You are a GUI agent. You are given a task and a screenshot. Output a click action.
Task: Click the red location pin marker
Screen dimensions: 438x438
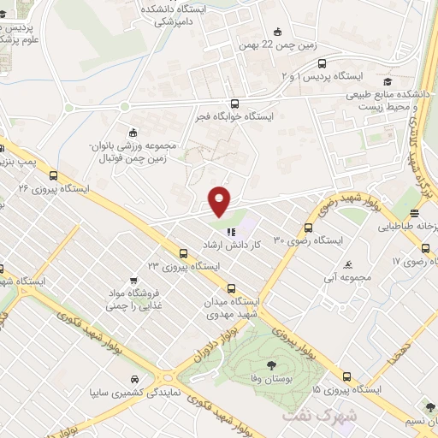pyautogui.click(x=220, y=201)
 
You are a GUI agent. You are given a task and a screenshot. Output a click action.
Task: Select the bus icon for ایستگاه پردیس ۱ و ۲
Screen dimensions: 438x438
pyautogui.click(x=322, y=63)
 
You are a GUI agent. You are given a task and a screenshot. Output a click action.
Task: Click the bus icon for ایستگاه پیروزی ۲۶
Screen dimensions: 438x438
pyautogui.click(x=54, y=175)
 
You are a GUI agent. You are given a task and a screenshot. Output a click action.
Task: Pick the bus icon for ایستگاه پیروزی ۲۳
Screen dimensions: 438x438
pyautogui.click(x=183, y=253)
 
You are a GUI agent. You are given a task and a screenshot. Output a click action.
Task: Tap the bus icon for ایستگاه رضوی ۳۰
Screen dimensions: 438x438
pyautogui.click(x=309, y=228)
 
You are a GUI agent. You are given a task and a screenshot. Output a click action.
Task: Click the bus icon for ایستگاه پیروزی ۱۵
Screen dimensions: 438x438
pyautogui.click(x=346, y=376)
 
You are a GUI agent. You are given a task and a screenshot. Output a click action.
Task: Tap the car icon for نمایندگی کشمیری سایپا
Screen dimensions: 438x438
pyautogui.click(x=135, y=379)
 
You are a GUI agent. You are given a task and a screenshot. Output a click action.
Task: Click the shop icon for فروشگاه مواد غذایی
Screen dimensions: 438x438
pyautogui.click(x=133, y=280)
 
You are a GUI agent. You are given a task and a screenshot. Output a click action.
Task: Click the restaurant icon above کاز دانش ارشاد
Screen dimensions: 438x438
pyautogui.click(x=229, y=232)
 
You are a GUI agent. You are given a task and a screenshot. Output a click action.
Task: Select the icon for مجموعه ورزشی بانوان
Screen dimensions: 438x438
pyautogui.click(x=132, y=133)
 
